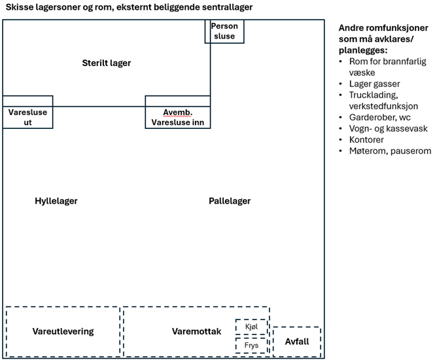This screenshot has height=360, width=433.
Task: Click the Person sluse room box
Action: point(224,31)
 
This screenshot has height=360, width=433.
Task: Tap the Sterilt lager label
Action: point(107,63)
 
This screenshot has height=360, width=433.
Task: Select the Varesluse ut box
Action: point(27,117)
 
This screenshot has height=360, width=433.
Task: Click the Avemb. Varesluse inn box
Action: point(177,117)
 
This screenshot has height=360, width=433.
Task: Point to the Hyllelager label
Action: point(56,201)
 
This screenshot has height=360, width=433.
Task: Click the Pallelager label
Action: point(226,201)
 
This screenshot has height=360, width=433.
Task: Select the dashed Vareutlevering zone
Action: point(63,331)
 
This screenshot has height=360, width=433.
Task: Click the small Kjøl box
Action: point(252,327)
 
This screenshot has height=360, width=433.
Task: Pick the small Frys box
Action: point(252,345)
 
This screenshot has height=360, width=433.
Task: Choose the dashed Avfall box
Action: point(296,342)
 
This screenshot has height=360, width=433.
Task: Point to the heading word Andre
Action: point(352,28)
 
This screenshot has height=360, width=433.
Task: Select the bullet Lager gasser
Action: point(374,83)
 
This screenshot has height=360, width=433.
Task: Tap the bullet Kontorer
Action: point(367,139)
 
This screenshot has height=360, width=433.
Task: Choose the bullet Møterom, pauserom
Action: point(390,151)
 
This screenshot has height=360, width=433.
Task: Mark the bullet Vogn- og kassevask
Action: point(388,128)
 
